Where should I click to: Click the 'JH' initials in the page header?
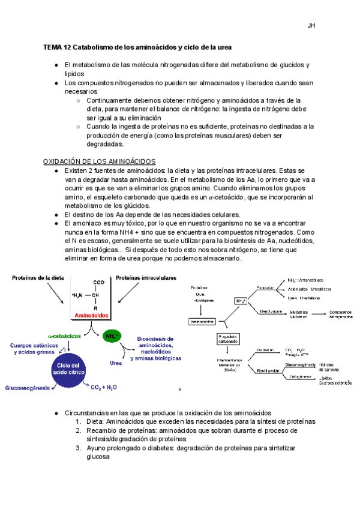pyautogui.click(x=311, y=26)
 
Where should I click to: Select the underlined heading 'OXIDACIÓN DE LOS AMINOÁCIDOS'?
pyautogui.click(x=100, y=161)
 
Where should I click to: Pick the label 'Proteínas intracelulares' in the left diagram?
pyautogui.click(x=146, y=278)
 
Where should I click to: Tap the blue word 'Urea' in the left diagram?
pyautogui.click(x=115, y=363)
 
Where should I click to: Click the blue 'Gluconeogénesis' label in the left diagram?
pyautogui.click(x=27, y=388)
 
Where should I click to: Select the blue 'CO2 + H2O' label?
pyautogui.click(x=104, y=388)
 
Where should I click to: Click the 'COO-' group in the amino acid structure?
pyautogui.click(x=98, y=282)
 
